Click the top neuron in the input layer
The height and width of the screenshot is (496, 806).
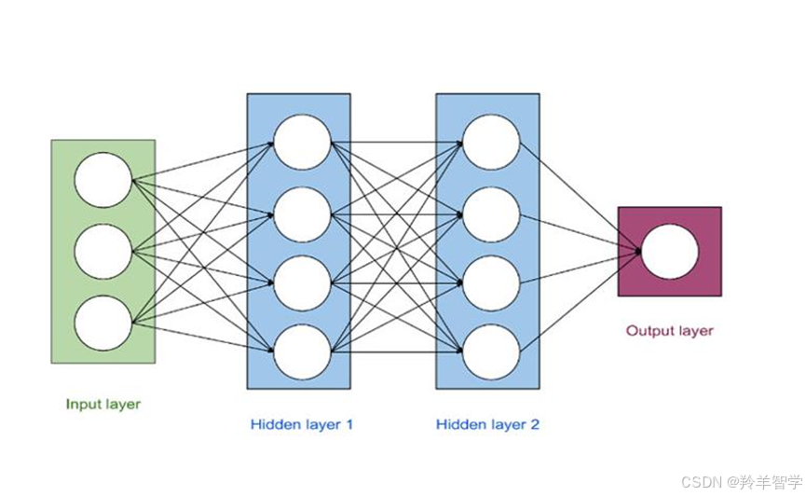103,180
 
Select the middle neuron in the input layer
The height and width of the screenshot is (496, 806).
103,251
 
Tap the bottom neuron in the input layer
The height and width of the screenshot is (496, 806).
103,323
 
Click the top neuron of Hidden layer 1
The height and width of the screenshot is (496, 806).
302,143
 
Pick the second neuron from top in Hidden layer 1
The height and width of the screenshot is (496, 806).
302,214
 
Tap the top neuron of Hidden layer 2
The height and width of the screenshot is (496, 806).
491,143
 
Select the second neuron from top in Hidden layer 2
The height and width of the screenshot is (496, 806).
491,214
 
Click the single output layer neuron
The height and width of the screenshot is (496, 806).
670,251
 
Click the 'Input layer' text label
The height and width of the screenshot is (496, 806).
103,405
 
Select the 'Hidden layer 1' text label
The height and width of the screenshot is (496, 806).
301,425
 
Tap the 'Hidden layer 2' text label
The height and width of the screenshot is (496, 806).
487,425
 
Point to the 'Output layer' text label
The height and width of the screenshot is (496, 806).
669,331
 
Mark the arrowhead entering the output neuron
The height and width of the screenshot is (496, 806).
637,250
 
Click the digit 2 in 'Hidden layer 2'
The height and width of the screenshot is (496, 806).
534,425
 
